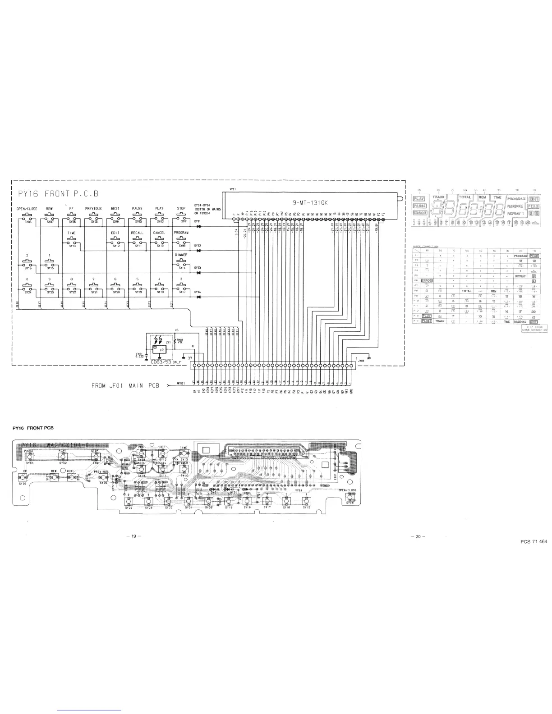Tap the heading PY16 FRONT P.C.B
tap(58, 193)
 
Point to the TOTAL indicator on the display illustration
tap(465, 197)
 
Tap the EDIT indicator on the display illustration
tap(534, 199)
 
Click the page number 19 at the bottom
tap(134, 536)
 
